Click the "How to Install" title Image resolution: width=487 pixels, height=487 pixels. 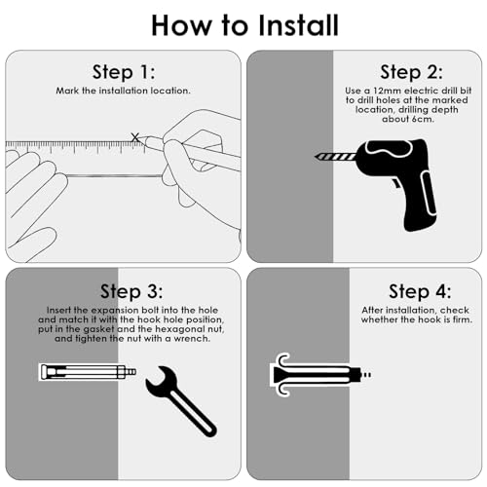[245, 25]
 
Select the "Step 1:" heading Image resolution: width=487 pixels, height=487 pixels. [124, 72]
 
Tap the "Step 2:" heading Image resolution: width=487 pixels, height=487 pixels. [411, 72]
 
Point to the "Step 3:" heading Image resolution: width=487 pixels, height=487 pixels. [131, 291]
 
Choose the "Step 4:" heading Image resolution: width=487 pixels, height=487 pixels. [420, 291]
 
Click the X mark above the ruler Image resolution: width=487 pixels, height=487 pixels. [135, 137]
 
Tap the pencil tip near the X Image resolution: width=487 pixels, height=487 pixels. [143, 139]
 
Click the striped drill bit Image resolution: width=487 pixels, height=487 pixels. [335, 157]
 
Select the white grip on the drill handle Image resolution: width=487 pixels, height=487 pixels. [429, 194]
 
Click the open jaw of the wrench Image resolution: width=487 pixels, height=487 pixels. [161, 379]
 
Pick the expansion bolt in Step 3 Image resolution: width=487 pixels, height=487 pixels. [87, 372]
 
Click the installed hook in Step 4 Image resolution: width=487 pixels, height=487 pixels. [319, 375]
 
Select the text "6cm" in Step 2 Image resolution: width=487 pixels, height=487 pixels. [421, 119]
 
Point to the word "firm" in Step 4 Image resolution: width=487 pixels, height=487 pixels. [462, 319]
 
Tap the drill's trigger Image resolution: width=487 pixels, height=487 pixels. [396, 184]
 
